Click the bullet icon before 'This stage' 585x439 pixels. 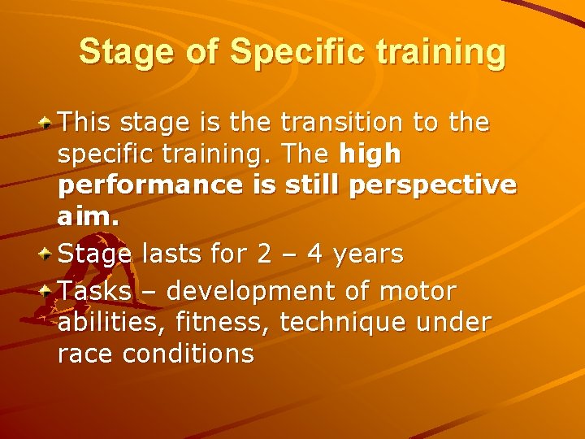point(48,123)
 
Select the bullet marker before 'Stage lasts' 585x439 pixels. point(48,254)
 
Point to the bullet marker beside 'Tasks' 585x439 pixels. point(48,290)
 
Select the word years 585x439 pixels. point(369,254)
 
